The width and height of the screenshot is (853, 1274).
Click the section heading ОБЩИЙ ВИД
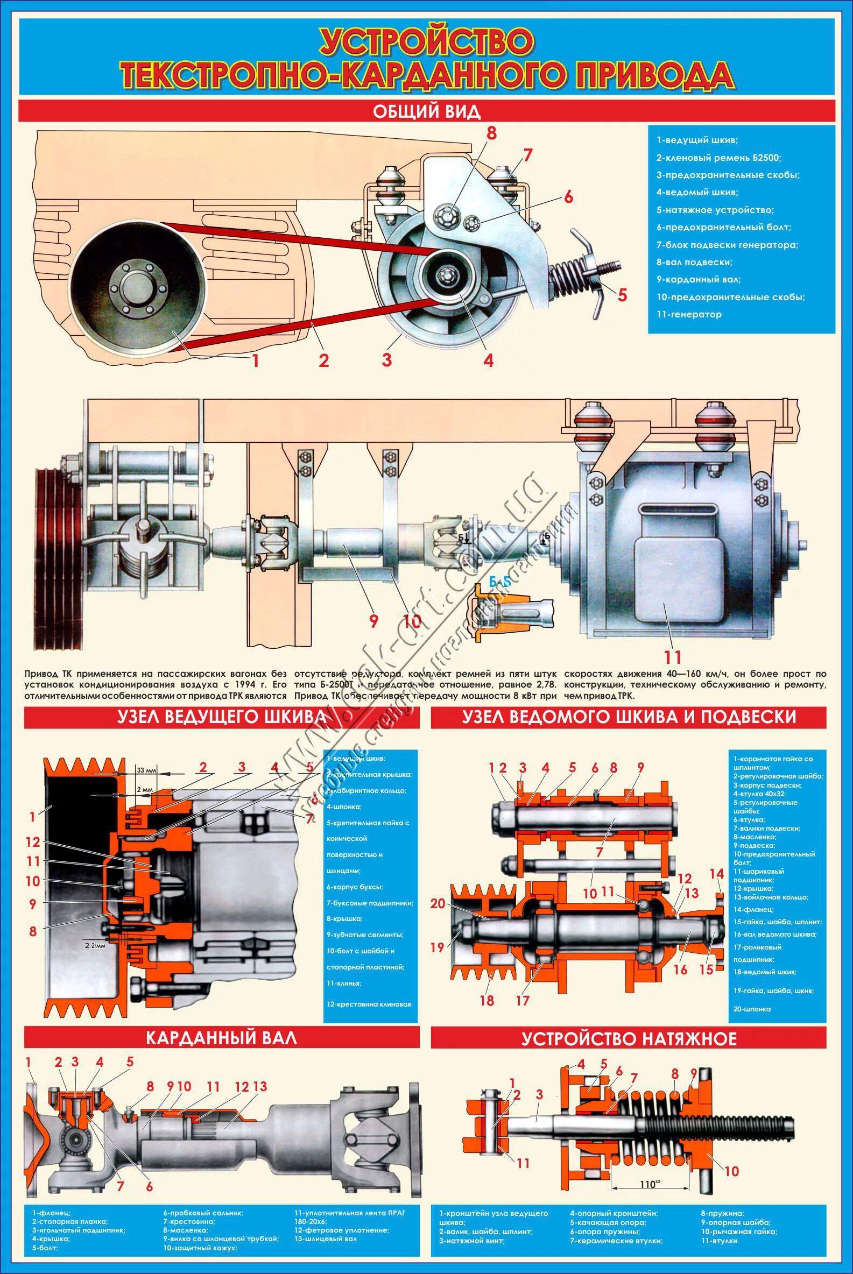click(426, 112)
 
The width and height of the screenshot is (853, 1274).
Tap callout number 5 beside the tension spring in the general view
click(622, 295)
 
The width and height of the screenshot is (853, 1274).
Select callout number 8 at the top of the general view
click(492, 134)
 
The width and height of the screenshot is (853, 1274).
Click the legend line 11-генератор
click(689, 314)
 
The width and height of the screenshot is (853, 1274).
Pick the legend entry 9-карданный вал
click(699, 279)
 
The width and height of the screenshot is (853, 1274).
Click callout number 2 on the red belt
click(324, 361)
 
